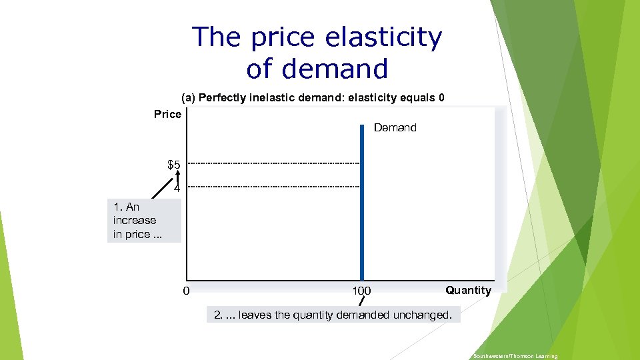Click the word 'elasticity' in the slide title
(x=383, y=38)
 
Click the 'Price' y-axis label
(x=167, y=115)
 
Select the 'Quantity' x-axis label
(x=468, y=290)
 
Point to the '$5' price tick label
(x=173, y=164)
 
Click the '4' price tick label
(x=177, y=189)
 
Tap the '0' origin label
(x=187, y=291)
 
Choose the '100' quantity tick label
(x=361, y=291)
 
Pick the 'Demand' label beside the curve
(x=395, y=127)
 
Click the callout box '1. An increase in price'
(x=143, y=220)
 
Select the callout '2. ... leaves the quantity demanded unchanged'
(x=333, y=315)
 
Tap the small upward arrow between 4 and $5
(x=178, y=175)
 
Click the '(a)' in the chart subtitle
(x=188, y=98)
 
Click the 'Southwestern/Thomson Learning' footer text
(x=515, y=357)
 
